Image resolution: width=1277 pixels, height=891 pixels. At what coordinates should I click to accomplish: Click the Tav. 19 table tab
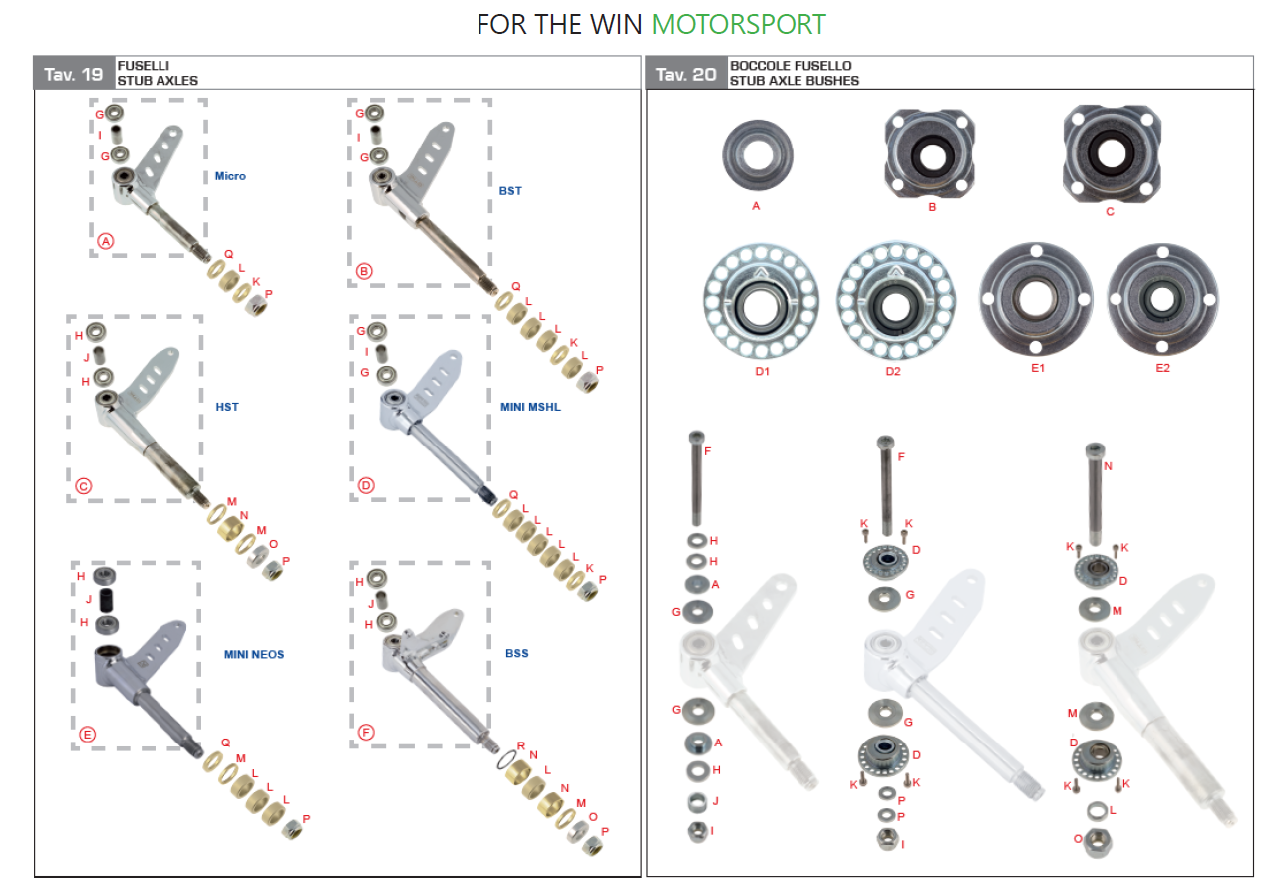(74, 74)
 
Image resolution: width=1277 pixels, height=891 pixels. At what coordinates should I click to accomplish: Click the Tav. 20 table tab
(685, 74)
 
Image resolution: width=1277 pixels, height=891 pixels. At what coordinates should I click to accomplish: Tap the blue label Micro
(230, 176)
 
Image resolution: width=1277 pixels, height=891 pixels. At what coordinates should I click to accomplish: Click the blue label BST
(510, 190)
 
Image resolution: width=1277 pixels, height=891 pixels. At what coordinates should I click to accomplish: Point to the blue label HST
(227, 407)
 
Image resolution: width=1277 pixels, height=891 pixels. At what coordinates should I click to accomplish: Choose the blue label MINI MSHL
(530, 407)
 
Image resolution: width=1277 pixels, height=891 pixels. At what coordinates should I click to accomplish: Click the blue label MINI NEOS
(254, 654)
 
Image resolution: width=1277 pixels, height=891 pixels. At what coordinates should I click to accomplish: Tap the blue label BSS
(516, 653)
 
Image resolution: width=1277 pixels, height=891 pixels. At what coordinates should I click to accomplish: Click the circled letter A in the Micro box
(106, 240)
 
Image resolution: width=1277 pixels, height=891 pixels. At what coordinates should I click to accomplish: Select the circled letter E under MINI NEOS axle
(87, 735)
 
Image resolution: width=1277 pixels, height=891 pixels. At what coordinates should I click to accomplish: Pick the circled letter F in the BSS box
(366, 733)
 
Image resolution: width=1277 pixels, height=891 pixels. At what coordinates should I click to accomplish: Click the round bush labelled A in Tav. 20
(756, 154)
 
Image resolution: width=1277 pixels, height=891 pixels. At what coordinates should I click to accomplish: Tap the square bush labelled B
(931, 154)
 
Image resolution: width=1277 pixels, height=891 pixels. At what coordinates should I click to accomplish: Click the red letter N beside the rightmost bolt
(1109, 465)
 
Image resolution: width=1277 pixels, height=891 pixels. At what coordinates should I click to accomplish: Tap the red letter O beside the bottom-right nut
(1078, 839)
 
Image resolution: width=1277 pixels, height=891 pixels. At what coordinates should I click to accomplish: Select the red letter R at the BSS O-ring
(521, 744)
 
